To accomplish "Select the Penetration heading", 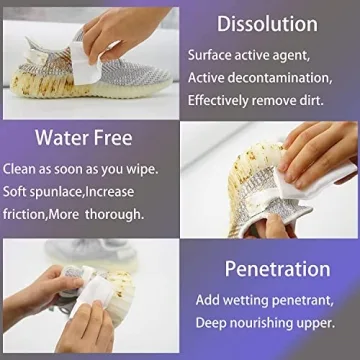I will point(277,269).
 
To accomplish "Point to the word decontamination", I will point(286,78).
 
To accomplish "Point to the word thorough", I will point(115,213).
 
